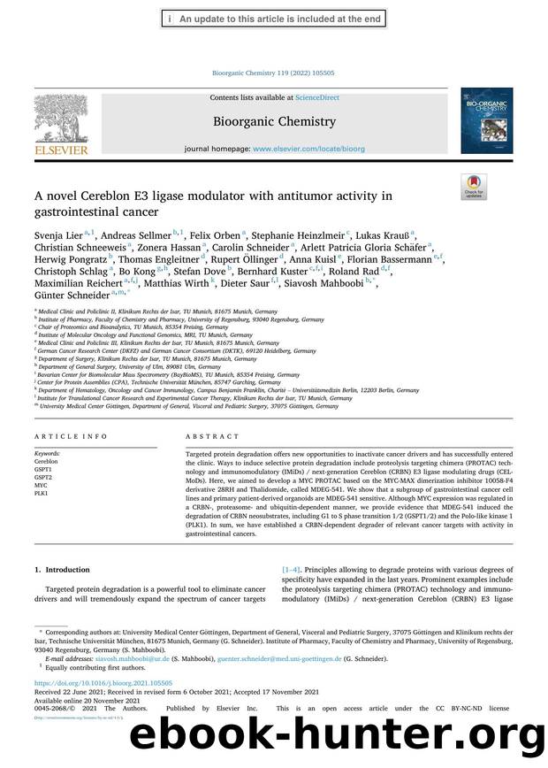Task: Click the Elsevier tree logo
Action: pyautogui.click(x=61, y=123)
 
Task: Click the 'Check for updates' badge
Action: pyautogui.click(x=474, y=187)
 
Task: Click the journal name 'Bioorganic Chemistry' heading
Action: pyautogui.click(x=274, y=121)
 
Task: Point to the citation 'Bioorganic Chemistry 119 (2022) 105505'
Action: pyautogui.click(x=274, y=73)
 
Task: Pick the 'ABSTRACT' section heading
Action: pyautogui.click(x=212, y=436)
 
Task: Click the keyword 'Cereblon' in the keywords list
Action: pyautogui.click(x=46, y=462)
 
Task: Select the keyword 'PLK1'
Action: pyautogui.click(x=42, y=494)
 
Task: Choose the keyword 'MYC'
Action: pyautogui.click(x=41, y=486)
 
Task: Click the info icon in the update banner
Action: pyautogui.click(x=169, y=18)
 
